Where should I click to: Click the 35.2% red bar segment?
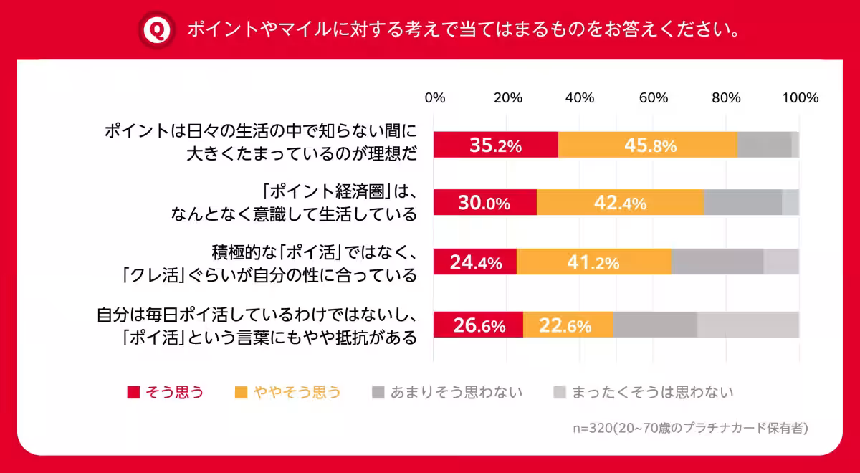click(496, 145)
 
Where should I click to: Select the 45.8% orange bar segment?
click(648, 145)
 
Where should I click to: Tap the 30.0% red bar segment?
click(485, 203)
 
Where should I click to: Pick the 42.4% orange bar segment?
click(620, 203)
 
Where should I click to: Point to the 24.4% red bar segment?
click(475, 262)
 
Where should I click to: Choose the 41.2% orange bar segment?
click(594, 262)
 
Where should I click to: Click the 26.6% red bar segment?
click(479, 325)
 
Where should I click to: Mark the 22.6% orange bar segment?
click(568, 325)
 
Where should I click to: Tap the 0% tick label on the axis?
click(435, 98)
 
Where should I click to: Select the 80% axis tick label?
click(726, 98)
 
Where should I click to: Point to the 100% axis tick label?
click(800, 98)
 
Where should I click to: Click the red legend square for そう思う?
click(133, 392)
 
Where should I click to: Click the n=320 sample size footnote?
click(690, 429)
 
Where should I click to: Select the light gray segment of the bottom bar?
click(748, 325)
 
